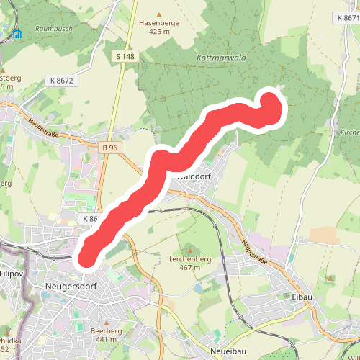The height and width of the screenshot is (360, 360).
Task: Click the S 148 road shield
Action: coord(125,56)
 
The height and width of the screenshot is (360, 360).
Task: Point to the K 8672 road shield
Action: coord(63,81)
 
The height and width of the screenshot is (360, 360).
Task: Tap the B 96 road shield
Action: coord(109,148)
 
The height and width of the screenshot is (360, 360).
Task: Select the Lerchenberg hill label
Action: coord(189,258)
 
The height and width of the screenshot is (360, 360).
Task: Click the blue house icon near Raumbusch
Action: coord(17,33)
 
